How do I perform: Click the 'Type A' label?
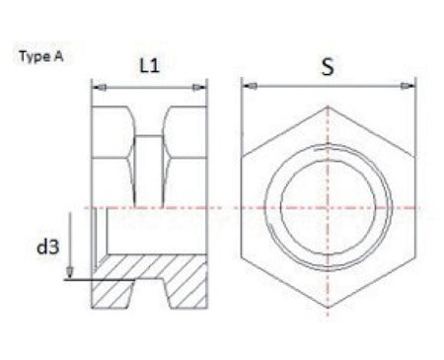pos(40,56)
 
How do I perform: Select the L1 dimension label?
pos(149,66)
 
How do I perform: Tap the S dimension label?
pos(328,68)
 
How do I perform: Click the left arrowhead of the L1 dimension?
pos(96,87)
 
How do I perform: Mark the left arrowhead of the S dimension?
pos(247,87)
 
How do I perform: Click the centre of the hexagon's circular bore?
pos(328,207)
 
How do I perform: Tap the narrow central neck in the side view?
pos(149,158)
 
